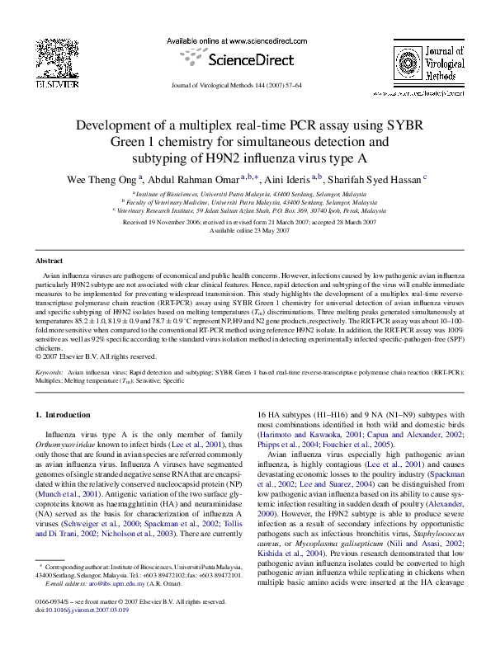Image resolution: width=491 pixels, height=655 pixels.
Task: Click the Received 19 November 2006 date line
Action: coord(244,222)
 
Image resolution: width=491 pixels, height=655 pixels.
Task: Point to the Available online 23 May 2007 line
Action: coord(244,230)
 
